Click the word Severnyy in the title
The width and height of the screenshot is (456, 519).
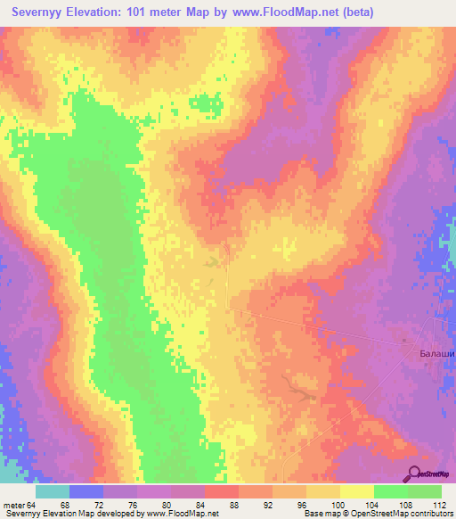pos(42,12)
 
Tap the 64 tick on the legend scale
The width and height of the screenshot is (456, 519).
pos(32,505)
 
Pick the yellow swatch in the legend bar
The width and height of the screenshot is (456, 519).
pos(356,491)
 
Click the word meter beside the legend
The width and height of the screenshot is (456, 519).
pos(13,505)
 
